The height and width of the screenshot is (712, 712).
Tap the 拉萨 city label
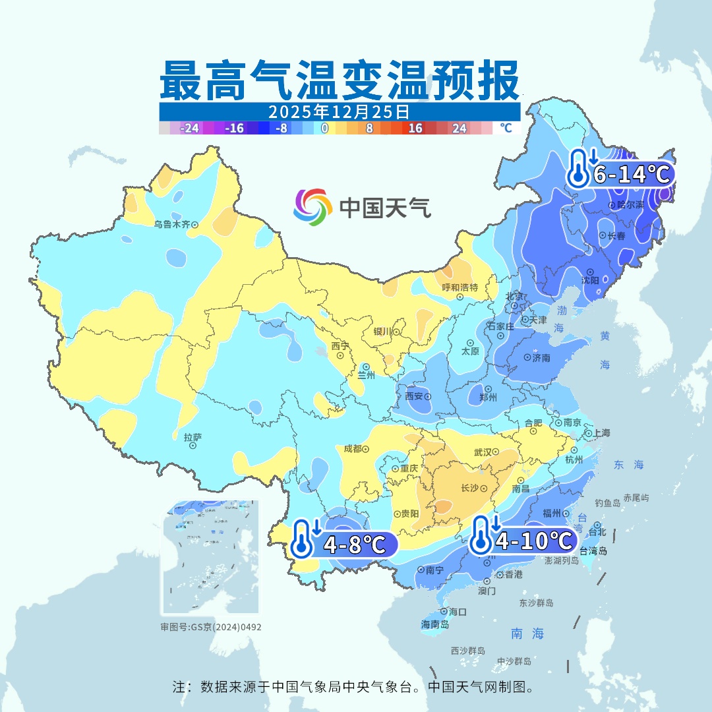193,436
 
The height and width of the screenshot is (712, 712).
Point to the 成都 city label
353,449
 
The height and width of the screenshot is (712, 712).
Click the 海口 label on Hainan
458,612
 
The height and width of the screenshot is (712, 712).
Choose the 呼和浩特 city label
460,287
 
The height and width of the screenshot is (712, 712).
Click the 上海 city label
601,433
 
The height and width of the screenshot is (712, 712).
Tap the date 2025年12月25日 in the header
339,111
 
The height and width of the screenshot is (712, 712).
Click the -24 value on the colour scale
190,128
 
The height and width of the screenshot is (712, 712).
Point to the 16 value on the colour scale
415,128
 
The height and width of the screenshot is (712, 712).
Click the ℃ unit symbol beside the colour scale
506,128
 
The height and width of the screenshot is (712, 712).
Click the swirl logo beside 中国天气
312,207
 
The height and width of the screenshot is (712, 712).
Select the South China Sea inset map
211,558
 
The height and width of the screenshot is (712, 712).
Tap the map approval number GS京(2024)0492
211,627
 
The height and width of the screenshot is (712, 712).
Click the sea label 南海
527,634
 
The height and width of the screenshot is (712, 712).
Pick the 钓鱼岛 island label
607,504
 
